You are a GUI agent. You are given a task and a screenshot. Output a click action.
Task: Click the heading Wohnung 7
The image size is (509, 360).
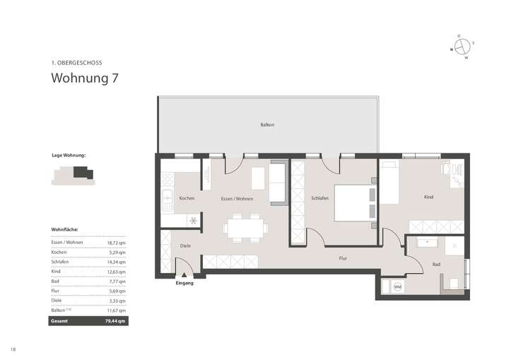tap(84, 79)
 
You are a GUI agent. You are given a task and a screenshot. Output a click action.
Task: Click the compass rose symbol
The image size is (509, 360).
tap(462, 47)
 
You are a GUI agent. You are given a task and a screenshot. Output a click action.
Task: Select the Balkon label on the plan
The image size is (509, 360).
tap(267, 125)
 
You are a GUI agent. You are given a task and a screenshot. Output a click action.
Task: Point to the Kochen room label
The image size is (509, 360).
tap(187, 199)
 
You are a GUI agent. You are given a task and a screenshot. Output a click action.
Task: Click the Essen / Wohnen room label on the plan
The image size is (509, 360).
tap(237, 199)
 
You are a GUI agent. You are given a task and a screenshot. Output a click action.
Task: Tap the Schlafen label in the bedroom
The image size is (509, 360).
tap(320, 199)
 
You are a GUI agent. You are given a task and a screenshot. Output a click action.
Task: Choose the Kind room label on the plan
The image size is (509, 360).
tap(428, 197)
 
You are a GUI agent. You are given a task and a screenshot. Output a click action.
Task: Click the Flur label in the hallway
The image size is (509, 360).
tap(343, 259)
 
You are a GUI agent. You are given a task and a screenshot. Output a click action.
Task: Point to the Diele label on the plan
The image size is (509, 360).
tap(185, 245)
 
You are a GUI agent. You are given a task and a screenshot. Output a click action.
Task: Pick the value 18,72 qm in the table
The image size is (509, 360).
tap(117, 242)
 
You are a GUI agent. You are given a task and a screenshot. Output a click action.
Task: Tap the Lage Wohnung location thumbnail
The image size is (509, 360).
tap(73, 175)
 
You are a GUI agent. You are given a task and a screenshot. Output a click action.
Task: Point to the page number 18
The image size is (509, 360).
tap(13, 349)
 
